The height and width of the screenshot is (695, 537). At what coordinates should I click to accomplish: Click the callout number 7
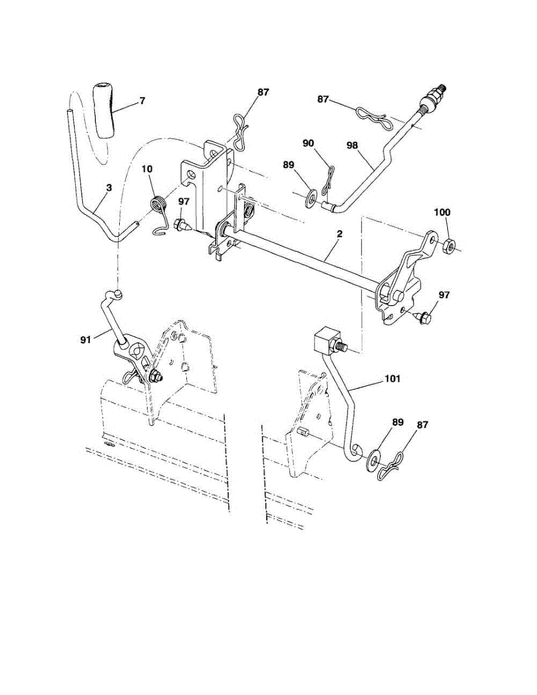point(142,101)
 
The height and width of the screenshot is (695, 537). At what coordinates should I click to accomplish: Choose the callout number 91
point(86,341)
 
